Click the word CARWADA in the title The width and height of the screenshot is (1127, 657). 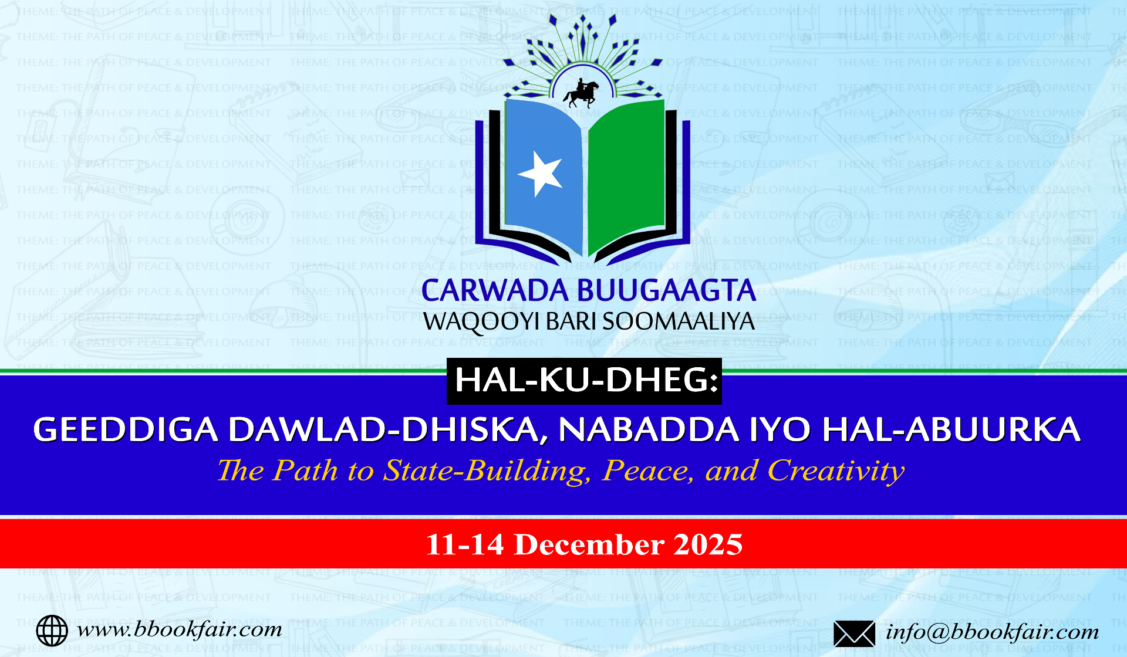pyautogui.click(x=495, y=291)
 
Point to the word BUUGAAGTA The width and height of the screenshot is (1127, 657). pyautogui.click(x=666, y=291)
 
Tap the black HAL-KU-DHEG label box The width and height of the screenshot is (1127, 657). pyautogui.click(x=584, y=381)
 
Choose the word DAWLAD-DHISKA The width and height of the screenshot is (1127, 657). pyautogui.click(x=384, y=429)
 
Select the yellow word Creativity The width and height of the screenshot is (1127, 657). pyautogui.click(x=836, y=471)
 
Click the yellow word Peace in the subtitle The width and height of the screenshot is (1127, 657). pyautogui.click(x=648, y=471)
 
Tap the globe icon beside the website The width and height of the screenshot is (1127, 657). pyautogui.click(x=52, y=631)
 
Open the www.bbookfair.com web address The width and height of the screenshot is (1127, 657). pyautogui.click(x=179, y=629)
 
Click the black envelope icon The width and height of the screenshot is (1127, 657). pyautogui.click(x=854, y=634)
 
